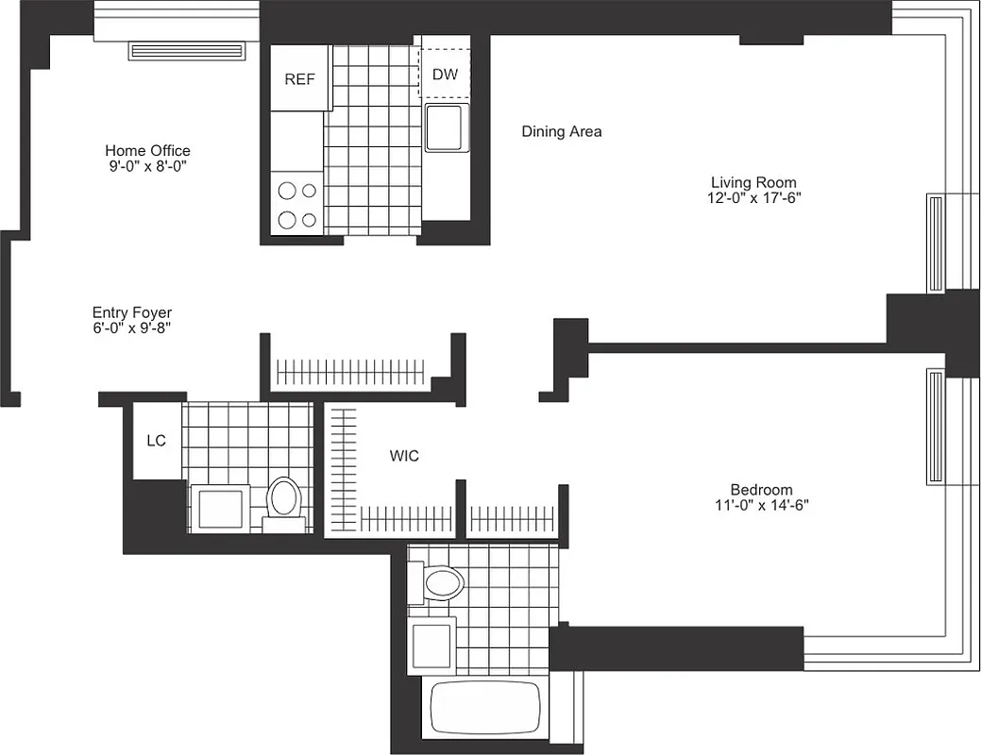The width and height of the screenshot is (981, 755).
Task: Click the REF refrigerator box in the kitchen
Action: click(x=299, y=79)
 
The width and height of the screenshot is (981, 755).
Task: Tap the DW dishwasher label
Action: click(x=445, y=74)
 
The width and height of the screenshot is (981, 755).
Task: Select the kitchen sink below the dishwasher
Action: click(x=444, y=128)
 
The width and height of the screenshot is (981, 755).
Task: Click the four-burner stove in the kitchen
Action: click(x=297, y=205)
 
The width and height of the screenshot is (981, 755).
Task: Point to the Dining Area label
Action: click(x=561, y=132)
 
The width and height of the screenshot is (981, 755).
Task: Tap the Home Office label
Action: click(x=147, y=150)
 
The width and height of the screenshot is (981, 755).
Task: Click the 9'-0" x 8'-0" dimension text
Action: click(x=147, y=166)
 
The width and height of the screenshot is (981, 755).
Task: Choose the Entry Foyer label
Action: click(x=132, y=312)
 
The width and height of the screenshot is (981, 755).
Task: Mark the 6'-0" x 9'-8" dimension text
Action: click(x=132, y=328)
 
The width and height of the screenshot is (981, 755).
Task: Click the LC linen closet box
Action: click(x=157, y=441)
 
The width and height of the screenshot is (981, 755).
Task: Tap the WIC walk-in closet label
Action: click(x=404, y=456)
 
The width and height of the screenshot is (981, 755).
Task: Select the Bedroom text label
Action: click(x=761, y=489)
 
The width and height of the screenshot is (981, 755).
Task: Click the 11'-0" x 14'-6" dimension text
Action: click(x=761, y=505)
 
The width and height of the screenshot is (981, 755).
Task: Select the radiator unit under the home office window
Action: click(x=186, y=50)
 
